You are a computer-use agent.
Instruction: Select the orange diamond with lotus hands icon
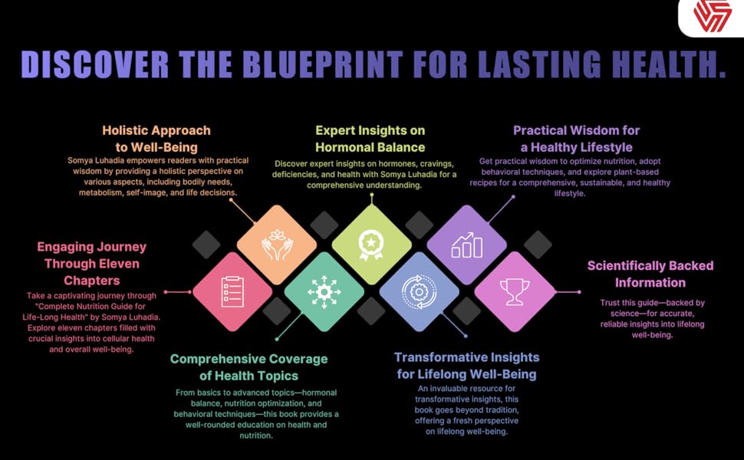(x=277, y=245)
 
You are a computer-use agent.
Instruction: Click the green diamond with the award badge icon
(x=372, y=245)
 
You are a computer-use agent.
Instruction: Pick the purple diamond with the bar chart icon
(x=467, y=245)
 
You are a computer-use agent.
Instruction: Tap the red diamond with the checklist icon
(x=232, y=291)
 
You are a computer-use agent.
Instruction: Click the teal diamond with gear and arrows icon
(x=324, y=291)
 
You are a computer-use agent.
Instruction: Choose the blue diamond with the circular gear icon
(x=420, y=291)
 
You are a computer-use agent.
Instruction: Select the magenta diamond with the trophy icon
(x=515, y=291)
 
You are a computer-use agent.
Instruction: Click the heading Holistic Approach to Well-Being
(x=156, y=139)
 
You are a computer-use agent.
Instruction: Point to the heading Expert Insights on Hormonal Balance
(x=371, y=139)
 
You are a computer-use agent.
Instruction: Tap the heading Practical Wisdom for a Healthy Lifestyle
(x=576, y=139)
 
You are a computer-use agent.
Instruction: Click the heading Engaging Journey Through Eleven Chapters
(x=91, y=264)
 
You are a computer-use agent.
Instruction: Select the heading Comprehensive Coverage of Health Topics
(x=249, y=367)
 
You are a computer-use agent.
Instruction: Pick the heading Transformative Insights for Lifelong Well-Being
(x=466, y=366)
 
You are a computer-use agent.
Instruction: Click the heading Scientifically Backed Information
(x=650, y=274)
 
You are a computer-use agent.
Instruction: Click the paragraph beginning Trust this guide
(x=652, y=319)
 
